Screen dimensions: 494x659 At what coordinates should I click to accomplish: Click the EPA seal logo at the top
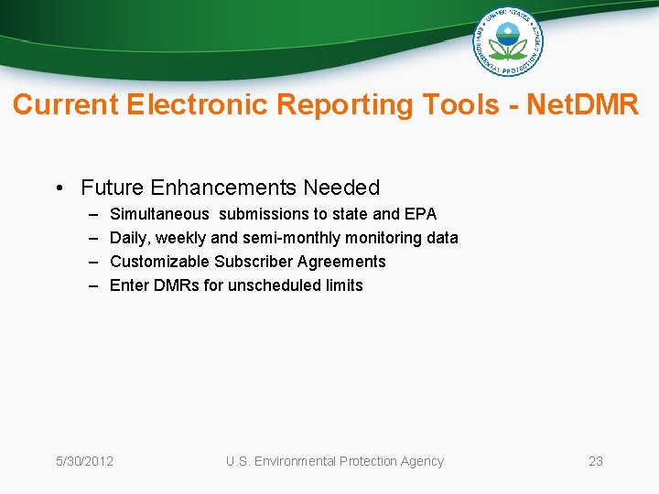[x=508, y=41]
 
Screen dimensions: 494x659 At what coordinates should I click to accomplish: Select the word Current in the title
[x=66, y=105]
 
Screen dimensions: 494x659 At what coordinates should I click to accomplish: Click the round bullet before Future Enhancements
[x=58, y=188]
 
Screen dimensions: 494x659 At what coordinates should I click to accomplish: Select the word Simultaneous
[x=159, y=214]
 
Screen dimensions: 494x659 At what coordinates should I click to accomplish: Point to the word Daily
[x=128, y=238]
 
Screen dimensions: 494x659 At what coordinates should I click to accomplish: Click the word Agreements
[x=341, y=262]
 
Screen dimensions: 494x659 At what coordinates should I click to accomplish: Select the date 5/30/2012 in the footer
[x=84, y=461]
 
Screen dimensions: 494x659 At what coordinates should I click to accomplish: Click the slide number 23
[x=595, y=461]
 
